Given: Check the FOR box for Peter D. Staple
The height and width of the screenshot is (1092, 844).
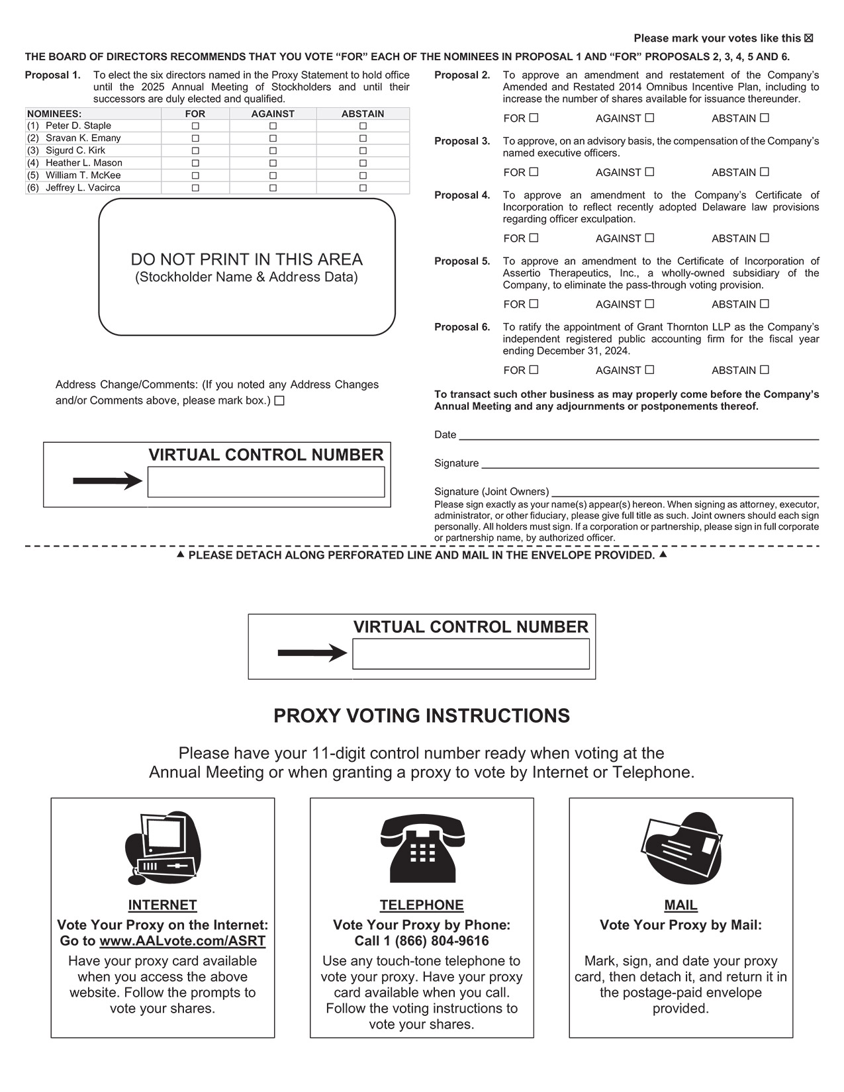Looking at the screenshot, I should pos(195,126).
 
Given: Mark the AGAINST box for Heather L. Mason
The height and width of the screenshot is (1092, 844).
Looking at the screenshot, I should pos(273,163).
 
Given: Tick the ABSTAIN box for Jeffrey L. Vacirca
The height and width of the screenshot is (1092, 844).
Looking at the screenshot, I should pos(363,188).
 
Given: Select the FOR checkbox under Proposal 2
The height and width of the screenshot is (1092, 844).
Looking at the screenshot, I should pos(534,118).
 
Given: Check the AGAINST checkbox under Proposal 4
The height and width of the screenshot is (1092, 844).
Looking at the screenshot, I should pos(649,238).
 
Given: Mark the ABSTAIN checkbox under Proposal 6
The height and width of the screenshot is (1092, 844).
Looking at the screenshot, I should pos(765,369).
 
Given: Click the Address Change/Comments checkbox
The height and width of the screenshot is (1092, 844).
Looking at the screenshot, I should pos(279,401).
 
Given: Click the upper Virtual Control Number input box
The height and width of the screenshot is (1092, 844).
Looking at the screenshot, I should pos(265,482).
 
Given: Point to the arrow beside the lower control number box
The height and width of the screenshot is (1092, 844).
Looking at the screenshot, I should pos(312,653).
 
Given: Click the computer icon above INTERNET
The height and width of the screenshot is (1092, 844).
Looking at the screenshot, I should pos(162,848).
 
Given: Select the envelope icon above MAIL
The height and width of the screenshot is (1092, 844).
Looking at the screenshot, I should pos(681,848).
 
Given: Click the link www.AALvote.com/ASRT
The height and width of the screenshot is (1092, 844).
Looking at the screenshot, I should pos(182,941).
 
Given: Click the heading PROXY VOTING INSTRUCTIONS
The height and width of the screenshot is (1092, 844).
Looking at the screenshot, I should pos(422,716).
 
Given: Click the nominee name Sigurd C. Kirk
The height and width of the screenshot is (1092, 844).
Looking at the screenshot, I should pos(75,150).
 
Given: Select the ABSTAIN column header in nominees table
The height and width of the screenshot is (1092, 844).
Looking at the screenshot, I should pos(363,114).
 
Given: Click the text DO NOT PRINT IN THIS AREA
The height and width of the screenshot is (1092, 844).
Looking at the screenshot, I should pos(246,259).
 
